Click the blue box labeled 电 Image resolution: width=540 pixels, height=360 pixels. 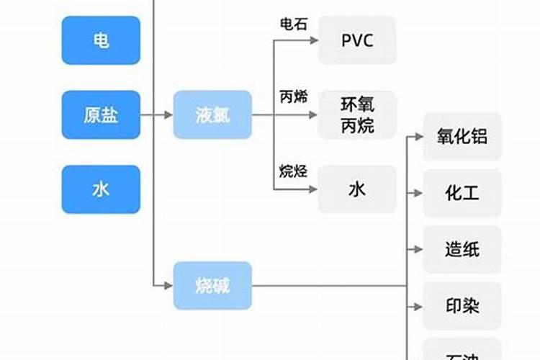[x=100, y=40]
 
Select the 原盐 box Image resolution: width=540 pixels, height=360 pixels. [x=100, y=115]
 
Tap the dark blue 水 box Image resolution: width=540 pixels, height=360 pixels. [x=100, y=189]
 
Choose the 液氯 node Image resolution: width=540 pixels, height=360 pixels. [x=212, y=115]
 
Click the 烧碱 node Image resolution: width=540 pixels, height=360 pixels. [x=212, y=286]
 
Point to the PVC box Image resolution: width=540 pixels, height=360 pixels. [x=357, y=40]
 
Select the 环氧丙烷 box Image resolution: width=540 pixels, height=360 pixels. [x=357, y=115]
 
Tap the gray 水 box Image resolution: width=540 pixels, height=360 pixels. [x=357, y=189]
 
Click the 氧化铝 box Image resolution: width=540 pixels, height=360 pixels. [x=462, y=137]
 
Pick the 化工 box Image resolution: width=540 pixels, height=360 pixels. [x=462, y=193]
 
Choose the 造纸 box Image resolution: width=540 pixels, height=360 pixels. [x=462, y=250]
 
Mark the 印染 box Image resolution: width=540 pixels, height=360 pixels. [x=462, y=307]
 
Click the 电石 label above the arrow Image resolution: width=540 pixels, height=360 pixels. [x=293, y=24]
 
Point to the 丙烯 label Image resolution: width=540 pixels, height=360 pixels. [x=293, y=97]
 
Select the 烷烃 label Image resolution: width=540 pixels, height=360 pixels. [x=293, y=171]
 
